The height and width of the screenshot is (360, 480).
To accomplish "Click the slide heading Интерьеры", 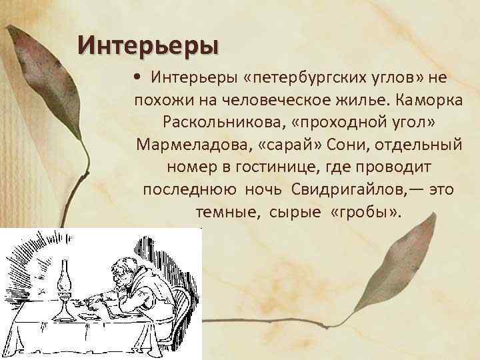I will [x=147, y=45].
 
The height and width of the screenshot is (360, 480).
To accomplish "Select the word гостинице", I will [x=293, y=167].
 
